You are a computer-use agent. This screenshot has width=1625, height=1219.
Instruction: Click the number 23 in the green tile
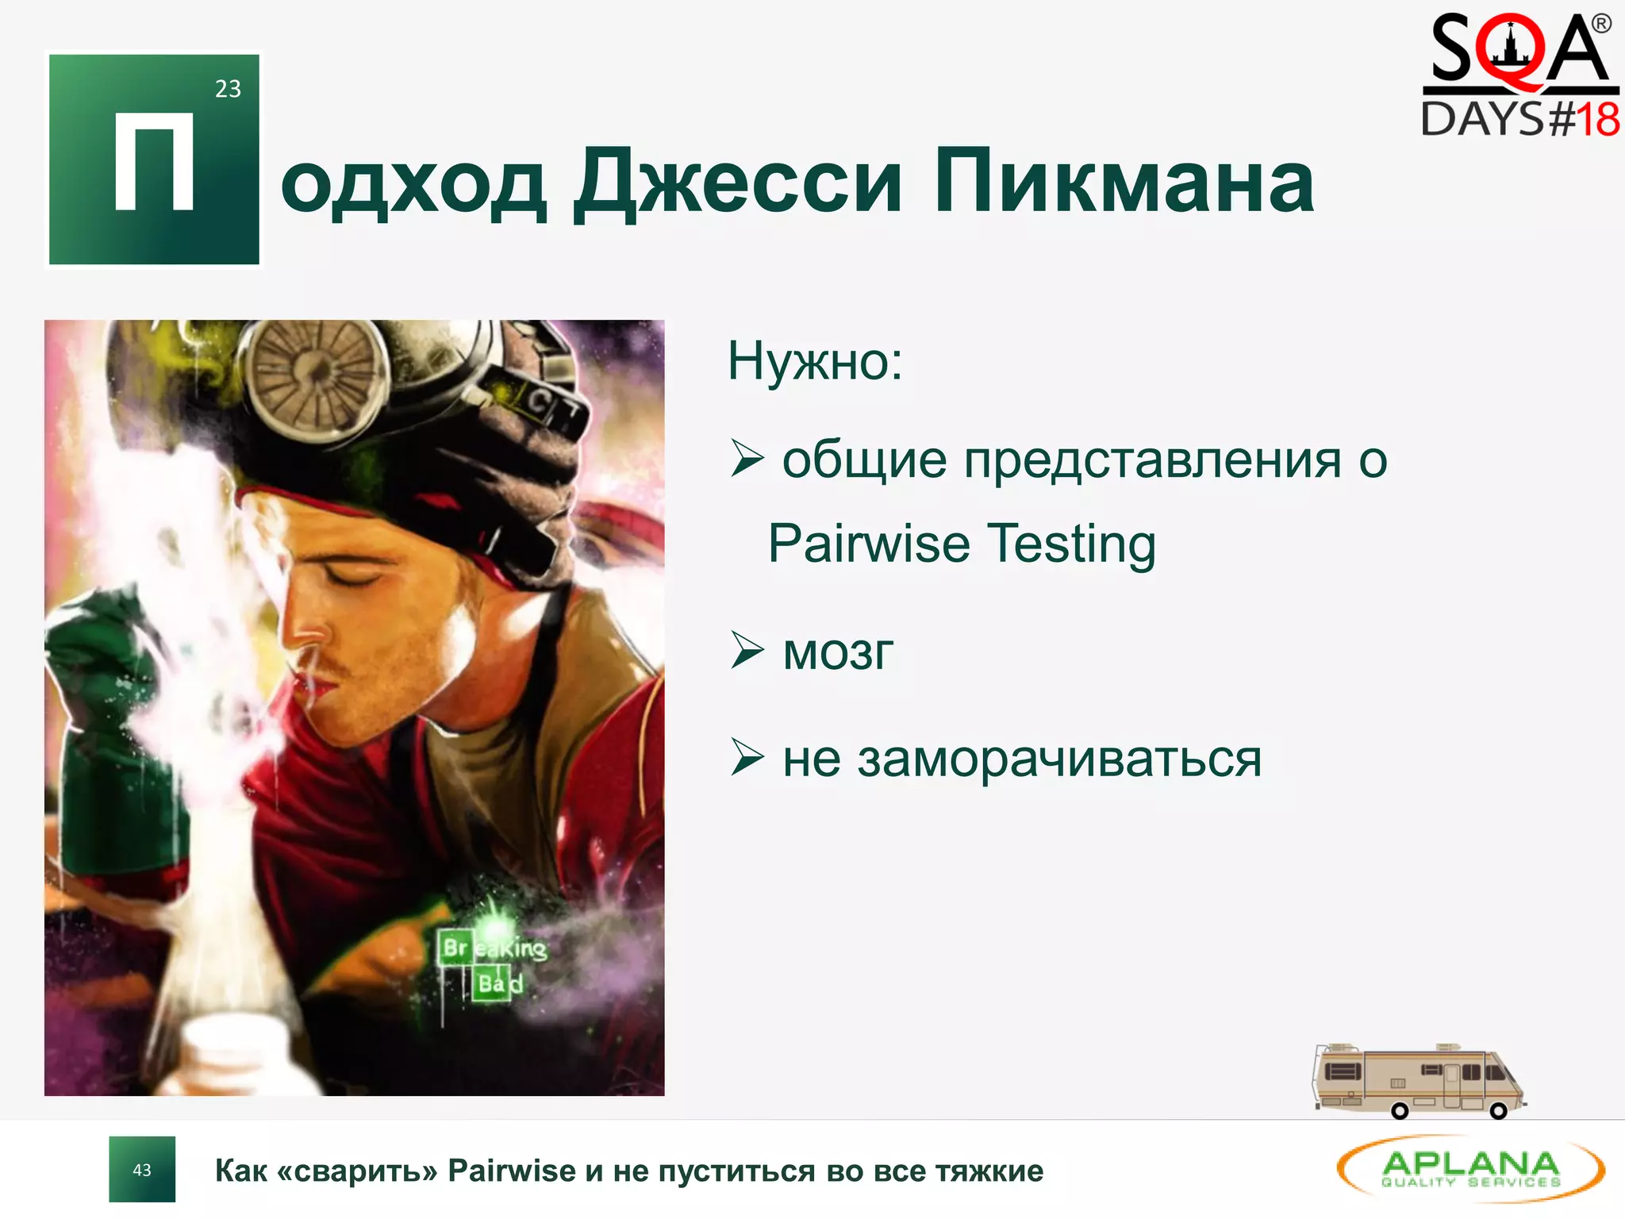pos(228,89)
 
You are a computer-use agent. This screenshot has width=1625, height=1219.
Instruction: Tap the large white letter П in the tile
pos(154,162)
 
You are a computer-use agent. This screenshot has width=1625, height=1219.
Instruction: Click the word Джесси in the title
pos(738,183)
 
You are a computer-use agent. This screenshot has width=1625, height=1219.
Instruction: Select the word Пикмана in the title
pos(1124,183)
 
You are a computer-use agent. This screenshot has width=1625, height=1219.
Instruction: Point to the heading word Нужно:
pos(815,362)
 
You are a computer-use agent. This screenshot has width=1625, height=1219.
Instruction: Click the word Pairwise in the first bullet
pos(869,544)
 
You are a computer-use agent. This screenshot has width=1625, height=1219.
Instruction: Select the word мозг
pos(838,653)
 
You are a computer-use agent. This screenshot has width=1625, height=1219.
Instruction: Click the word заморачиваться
pos(1059,759)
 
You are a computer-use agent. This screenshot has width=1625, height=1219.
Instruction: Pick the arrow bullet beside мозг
pos(747,651)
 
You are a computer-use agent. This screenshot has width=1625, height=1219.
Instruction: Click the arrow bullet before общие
pos(747,459)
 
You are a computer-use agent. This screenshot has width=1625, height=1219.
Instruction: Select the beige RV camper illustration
pos(1419,1081)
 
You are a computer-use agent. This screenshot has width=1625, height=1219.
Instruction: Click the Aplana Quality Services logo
pos(1470,1169)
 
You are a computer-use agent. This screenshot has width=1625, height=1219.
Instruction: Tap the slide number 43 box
pos(142,1170)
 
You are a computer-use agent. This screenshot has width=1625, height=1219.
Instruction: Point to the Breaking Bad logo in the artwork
pos(491,965)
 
